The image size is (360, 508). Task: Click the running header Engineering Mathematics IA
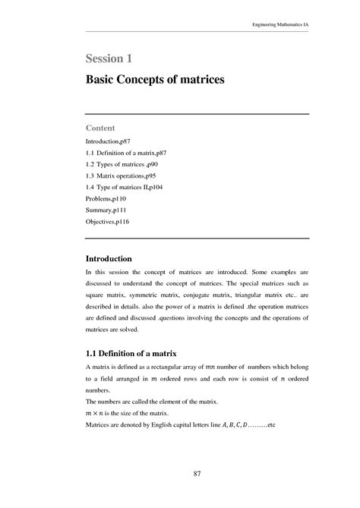[280, 24]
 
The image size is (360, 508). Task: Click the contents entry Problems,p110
[108, 200]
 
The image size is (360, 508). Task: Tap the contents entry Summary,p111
[108, 211]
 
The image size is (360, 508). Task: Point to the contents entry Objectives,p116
[110, 222]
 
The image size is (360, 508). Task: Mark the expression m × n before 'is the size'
[96, 412]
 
